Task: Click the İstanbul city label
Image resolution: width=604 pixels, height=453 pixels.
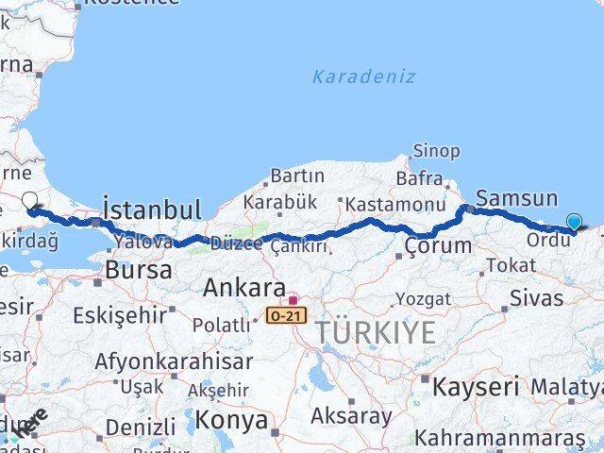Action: pyautogui.click(x=151, y=210)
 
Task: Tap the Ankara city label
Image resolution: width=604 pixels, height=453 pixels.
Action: pyautogui.click(x=244, y=288)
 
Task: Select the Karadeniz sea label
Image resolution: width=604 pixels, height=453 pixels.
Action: pyautogui.click(x=363, y=76)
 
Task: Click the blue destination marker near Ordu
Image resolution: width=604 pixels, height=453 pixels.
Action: pyautogui.click(x=574, y=223)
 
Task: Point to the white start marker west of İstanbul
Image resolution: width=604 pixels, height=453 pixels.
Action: pyautogui.click(x=30, y=202)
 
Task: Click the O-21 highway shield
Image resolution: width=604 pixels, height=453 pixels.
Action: pyautogui.click(x=285, y=314)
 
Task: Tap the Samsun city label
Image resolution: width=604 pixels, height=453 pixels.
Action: pyautogui.click(x=516, y=198)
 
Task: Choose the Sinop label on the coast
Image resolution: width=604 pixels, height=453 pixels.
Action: pyautogui.click(x=436, y=151)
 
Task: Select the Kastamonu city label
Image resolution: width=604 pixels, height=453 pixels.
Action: pyautogui.click(x=394, y=205)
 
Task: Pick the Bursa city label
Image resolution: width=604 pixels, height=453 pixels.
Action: pyautogui.click(x=138, y=270)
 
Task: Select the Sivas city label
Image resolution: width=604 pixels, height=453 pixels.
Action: pyautogui.click(x=536, y=298)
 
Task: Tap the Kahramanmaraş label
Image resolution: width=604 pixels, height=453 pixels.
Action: pyautogui.click(x=500, y=438)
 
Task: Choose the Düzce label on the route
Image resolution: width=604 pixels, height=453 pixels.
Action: pyautogui.click(x=236, y=243)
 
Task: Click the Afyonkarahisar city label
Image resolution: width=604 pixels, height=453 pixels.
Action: pyautogui.click(x=173, y=361)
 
